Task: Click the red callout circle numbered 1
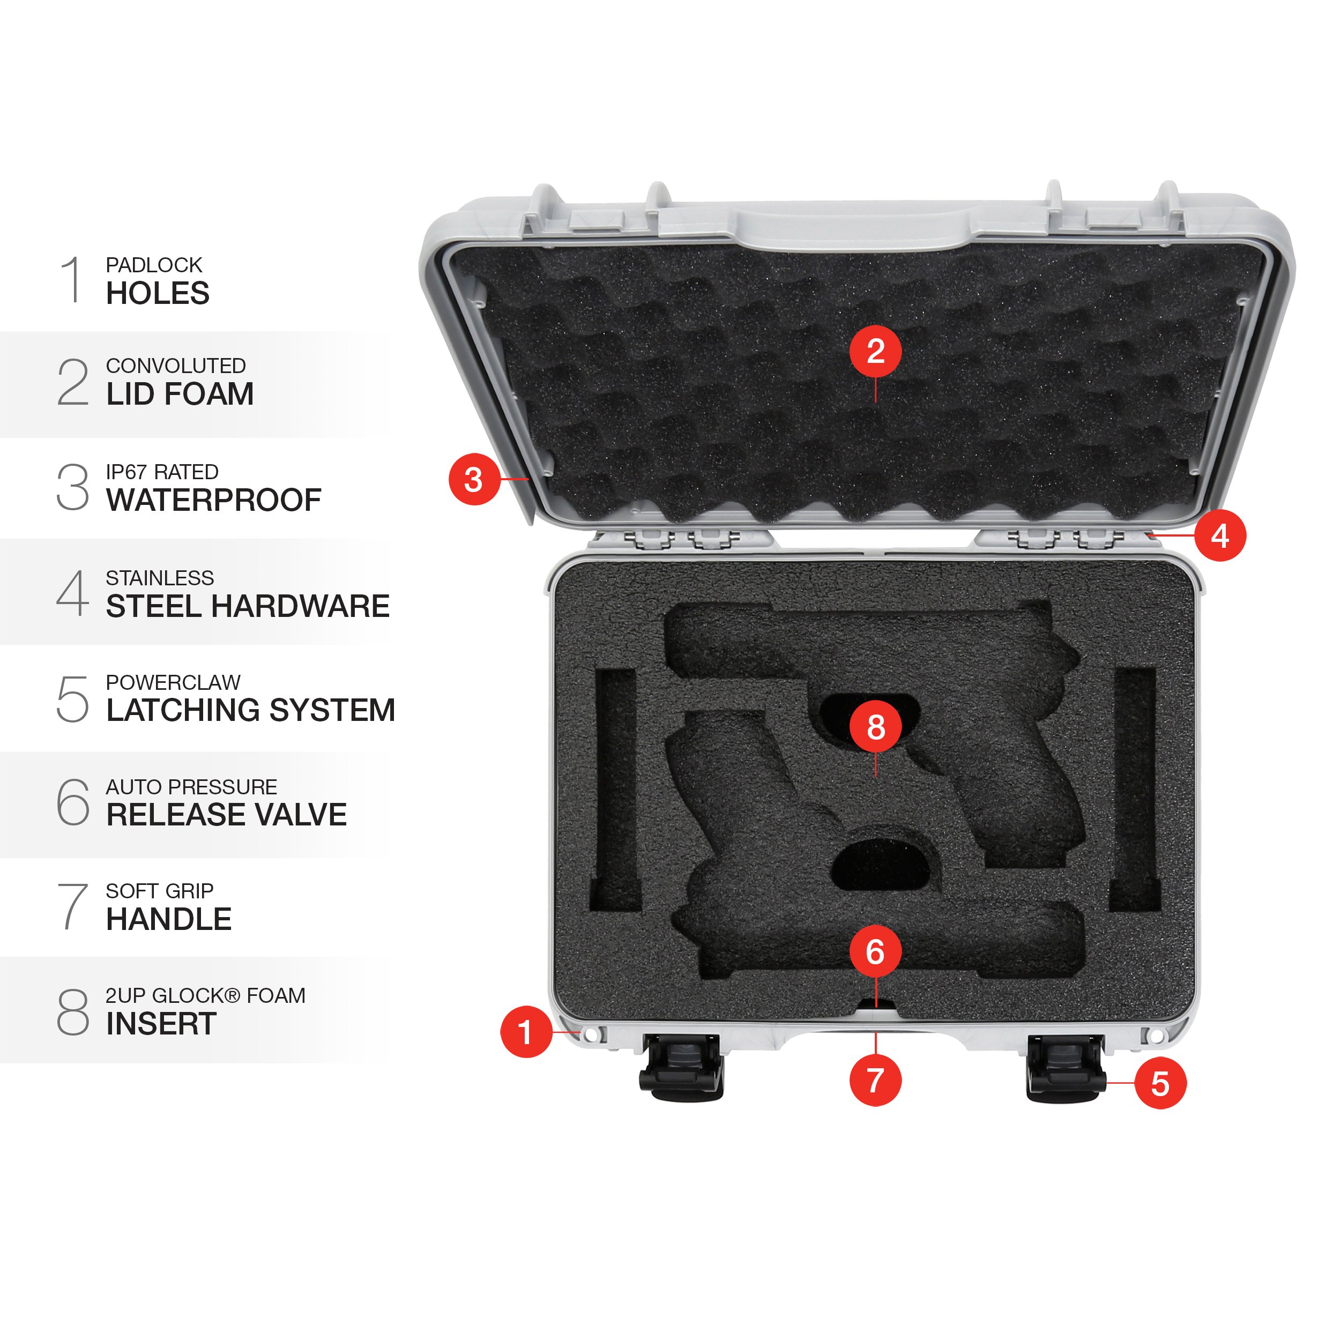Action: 526,1032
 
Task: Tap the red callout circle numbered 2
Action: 875,351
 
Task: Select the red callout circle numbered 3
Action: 474,479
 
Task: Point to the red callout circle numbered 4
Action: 1220,535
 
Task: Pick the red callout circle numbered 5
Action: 1160,1083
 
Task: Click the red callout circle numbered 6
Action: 875,951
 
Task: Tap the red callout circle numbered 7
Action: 875,1080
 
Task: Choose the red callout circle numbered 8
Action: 875,726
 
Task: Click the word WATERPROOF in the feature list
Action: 214,500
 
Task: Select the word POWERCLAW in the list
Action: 173,682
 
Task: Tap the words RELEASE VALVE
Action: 226,814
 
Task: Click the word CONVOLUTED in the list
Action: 175,366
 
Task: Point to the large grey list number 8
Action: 73,1012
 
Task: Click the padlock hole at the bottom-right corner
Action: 1157,1036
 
